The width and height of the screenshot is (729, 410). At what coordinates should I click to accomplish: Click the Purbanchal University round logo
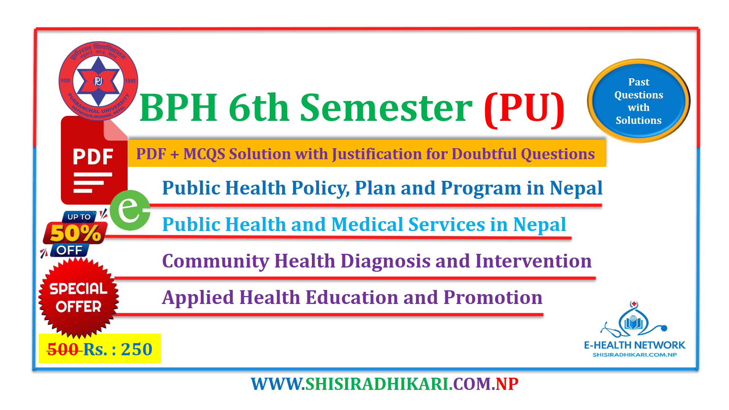[98, 81]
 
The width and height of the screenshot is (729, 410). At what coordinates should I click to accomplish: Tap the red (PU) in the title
[525, 109]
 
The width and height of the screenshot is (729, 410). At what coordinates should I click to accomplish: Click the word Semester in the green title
[386, 108]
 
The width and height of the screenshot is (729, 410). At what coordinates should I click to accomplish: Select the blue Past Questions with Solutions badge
[639, 101]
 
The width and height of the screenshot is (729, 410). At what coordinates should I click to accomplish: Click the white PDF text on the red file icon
[93, 157]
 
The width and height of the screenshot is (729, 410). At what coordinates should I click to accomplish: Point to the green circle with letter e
[130, 210]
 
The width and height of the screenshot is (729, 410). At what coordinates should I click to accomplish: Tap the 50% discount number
[76, 233]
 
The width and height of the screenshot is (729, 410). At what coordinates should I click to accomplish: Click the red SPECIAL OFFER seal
[79, 298]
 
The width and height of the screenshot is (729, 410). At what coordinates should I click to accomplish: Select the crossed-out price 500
[63, 349]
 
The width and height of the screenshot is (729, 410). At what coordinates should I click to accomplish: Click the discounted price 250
[137, 349]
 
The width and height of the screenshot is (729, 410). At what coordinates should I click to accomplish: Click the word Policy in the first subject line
[320, 188]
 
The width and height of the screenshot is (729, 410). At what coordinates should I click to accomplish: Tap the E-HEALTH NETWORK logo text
[634, 345]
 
